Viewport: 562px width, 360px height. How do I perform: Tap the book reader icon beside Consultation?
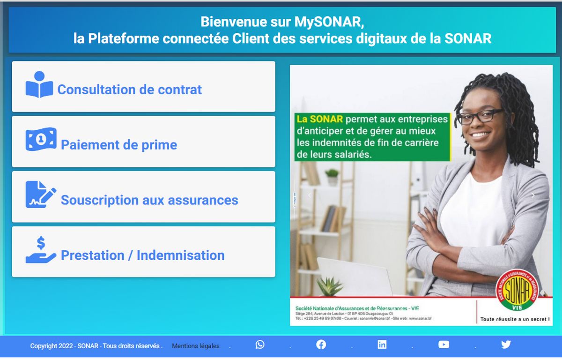click(39, 85)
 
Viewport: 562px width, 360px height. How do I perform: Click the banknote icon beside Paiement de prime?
click(41, 140)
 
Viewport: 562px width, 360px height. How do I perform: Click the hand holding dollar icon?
click(41, 250)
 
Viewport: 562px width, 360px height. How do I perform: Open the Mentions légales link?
click(195, 346)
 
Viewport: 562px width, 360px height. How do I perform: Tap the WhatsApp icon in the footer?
click(260, 345)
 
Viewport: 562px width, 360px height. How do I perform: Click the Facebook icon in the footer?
click(321, 345)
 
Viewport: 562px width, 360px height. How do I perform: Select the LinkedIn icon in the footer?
click(382, 345)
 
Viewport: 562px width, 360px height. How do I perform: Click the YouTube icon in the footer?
click(444, 345)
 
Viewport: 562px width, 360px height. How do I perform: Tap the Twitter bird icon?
click(506, 345)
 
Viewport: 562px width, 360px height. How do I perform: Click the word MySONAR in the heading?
click(329, 22)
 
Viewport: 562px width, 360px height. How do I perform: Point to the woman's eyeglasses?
click(480, 116)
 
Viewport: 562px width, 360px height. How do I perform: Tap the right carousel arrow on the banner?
click(532, 195)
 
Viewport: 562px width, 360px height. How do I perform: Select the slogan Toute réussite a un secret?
click(515, 319)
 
